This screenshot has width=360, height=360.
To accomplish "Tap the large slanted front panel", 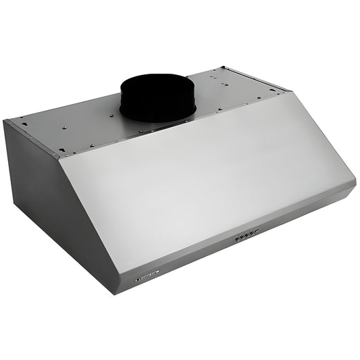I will (x=203, y=176).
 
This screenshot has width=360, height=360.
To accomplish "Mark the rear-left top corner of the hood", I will (x=5, y=121).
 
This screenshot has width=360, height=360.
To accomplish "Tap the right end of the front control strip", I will (x=353, y=184).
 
